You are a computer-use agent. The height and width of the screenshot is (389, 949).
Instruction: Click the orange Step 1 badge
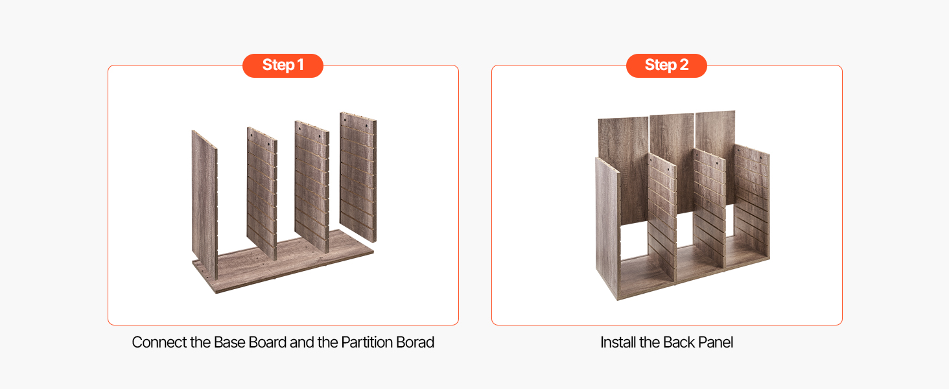[x=283, y=65]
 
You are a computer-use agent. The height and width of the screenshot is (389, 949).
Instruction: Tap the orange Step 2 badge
[x=666, y=65]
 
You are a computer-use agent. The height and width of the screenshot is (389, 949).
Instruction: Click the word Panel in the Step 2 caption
[x=716, y=342]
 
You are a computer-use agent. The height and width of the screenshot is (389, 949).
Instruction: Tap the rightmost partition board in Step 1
[x=358, y=176]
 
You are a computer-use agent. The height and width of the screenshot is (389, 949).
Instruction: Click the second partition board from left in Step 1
[x=262, y=193]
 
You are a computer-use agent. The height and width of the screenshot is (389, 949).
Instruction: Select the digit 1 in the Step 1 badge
[x=300, y=65]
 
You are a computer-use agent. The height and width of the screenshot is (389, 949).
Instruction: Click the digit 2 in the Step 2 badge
[x=685, y=65]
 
